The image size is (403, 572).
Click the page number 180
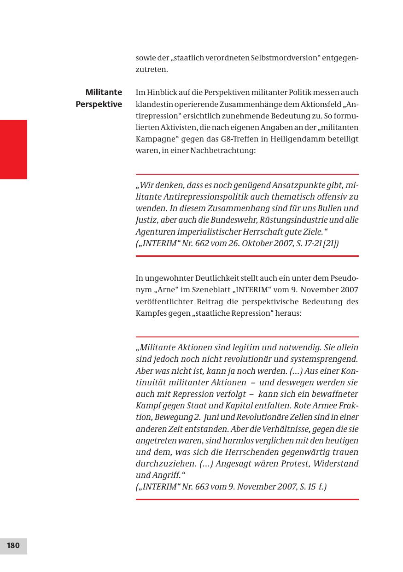13,546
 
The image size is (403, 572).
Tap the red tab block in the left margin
13,149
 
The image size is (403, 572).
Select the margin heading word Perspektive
99,104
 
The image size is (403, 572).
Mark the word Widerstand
335,464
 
